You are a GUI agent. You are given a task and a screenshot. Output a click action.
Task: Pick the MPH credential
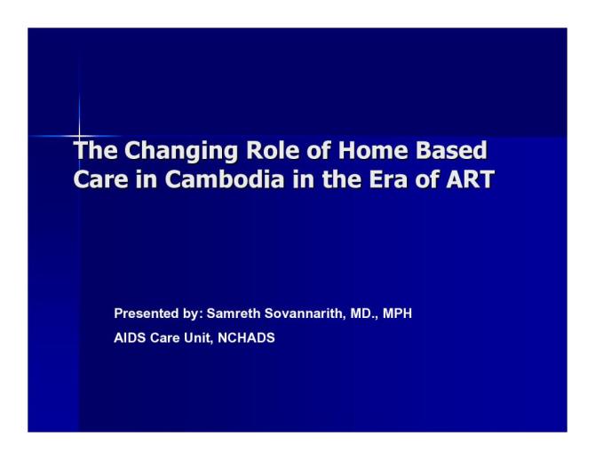click(x=398, y=313)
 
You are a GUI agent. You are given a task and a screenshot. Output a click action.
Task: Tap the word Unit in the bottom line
click(x=195, y=337)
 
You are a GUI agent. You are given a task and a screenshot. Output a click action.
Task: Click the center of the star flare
click(x=79, y=136)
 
